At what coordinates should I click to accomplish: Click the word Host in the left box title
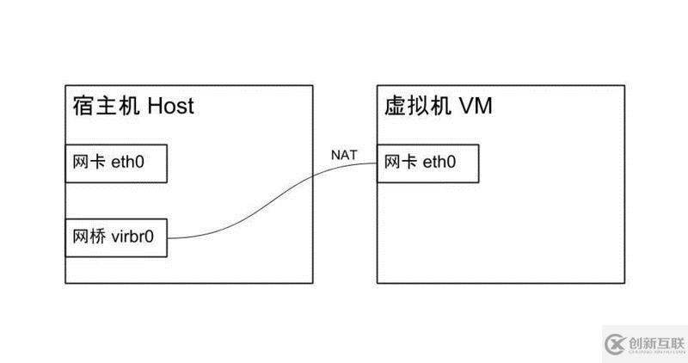pos(170,106)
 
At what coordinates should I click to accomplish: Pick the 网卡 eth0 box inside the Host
pos(116,163)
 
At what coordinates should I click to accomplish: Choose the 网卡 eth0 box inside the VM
pos(427,163)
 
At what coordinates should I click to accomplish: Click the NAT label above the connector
pos(343,156)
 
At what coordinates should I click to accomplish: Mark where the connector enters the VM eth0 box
pos(378,164)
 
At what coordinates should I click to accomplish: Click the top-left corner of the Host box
pos(65,85)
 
